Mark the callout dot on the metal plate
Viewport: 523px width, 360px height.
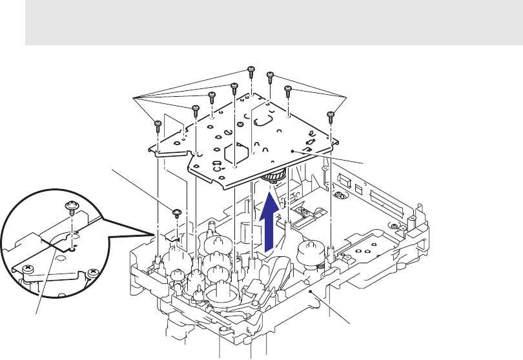click(293, 149)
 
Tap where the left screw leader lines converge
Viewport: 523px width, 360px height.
click(134, 97)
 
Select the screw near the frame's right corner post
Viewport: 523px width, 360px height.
click(393, 225)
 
